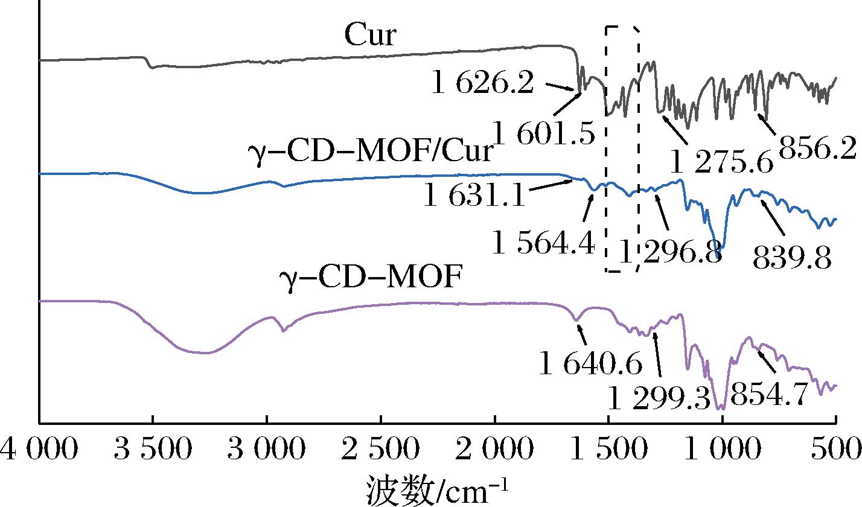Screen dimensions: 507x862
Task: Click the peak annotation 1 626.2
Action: [482, 84]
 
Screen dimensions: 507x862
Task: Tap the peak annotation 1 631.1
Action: [474, 196]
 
